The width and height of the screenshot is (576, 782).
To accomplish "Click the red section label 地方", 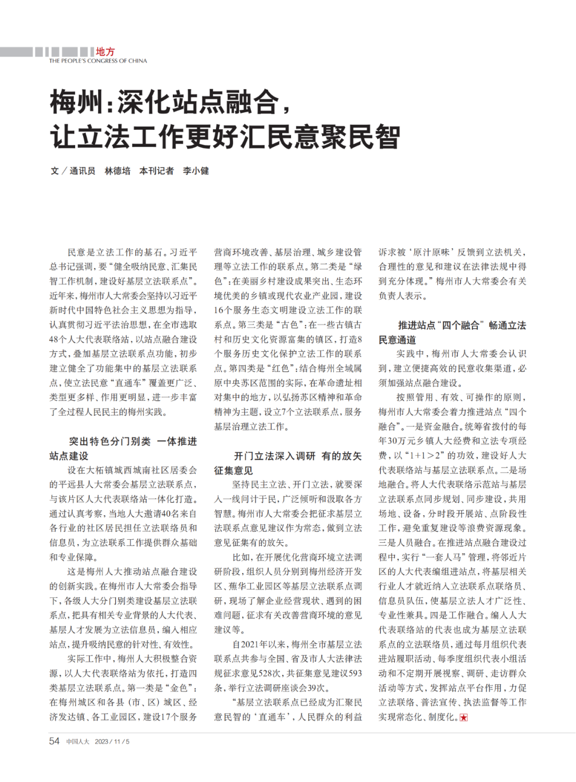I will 105,52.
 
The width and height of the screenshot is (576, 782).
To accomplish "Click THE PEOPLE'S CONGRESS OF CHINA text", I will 98,61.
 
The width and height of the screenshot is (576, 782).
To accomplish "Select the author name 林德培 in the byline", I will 117,171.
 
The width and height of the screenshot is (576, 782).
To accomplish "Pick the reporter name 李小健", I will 196,171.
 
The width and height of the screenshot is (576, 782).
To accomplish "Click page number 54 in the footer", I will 54,741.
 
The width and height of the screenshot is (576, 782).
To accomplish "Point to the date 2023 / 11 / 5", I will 112,741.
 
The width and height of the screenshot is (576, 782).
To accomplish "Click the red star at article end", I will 463,717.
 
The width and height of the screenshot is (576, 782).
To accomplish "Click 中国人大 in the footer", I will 78,741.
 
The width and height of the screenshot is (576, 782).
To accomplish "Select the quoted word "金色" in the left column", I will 179,688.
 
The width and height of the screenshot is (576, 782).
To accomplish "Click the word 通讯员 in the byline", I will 82,171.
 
